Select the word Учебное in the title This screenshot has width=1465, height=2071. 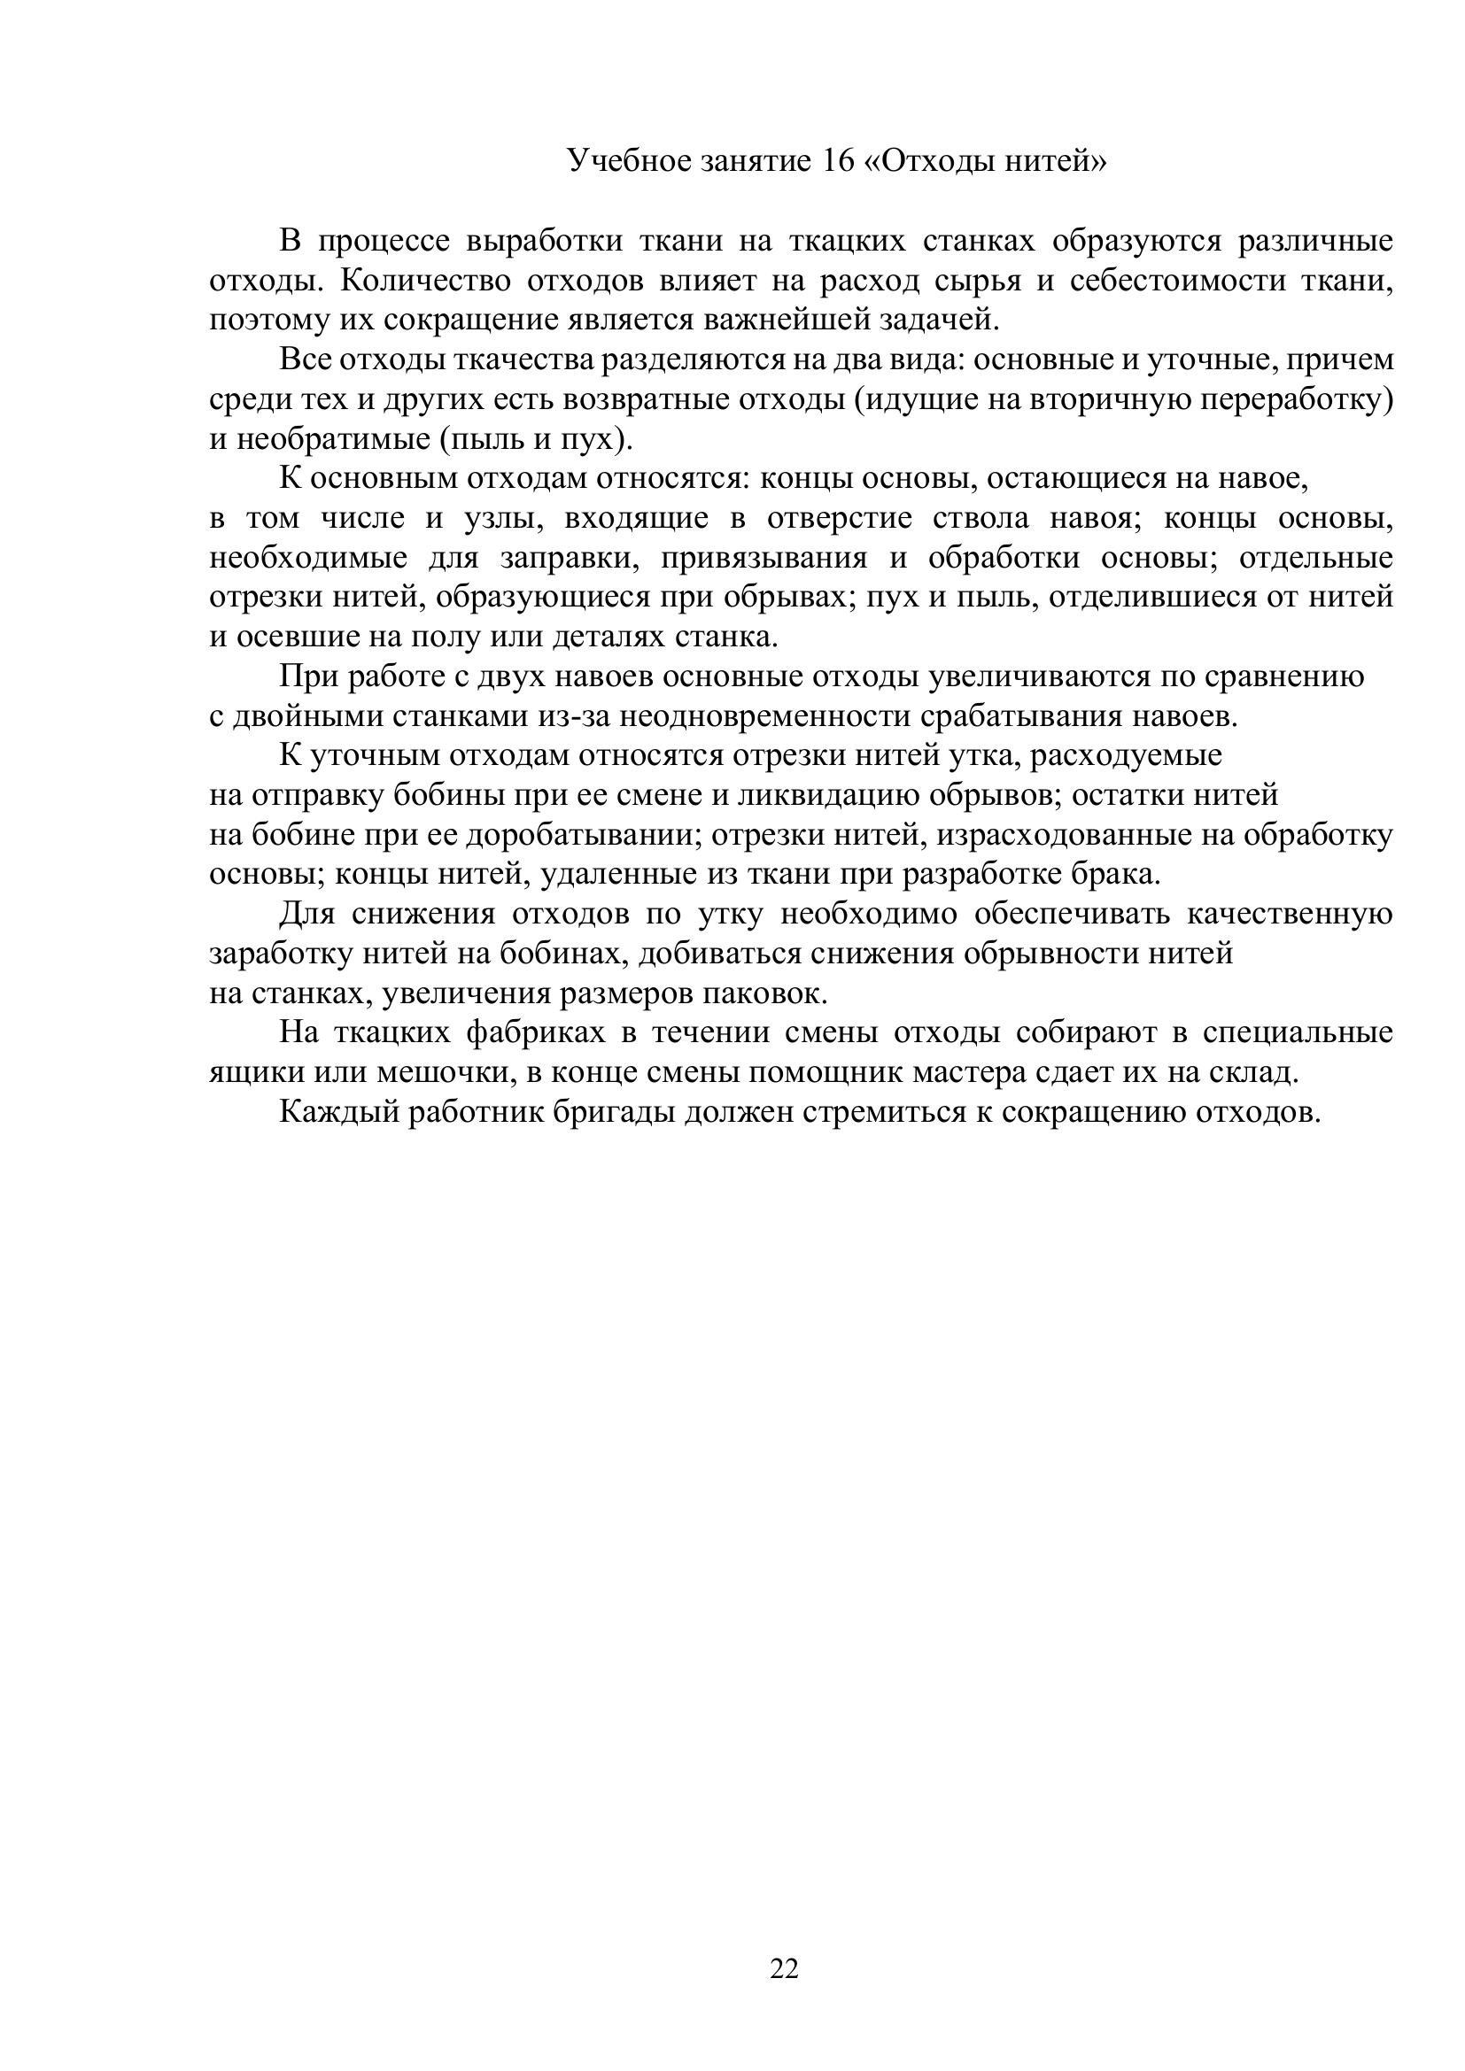point(628,160)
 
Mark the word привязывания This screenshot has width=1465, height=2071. point(764,558)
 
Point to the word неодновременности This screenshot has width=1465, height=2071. point(764,716)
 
